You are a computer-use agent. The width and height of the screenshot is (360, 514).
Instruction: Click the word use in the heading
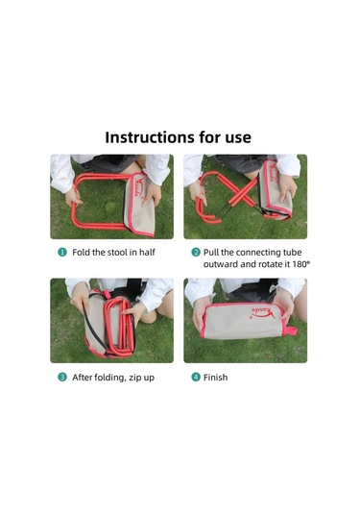click(x=238, y=138)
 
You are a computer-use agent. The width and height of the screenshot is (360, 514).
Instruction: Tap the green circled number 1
click(x=62, y=253)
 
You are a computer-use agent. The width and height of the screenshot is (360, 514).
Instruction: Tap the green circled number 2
click(x=196, y=253)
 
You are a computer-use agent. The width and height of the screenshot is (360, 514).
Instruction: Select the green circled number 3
click(x=62, y=378)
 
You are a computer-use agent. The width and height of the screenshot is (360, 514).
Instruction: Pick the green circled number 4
click(x=196, y=378)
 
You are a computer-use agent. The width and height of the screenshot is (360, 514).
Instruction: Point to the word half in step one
click(x=147, y=253)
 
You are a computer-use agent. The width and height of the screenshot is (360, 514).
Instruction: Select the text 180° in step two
click(x=300, y=264)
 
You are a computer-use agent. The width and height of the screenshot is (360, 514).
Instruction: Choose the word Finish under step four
click(x=216, y=378)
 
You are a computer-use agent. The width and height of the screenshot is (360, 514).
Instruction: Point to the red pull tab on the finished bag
click(x=290, y=330)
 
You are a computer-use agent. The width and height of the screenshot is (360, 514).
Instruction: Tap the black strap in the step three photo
click(x=94, y=325)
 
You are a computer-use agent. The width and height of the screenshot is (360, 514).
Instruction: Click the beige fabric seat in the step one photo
click(x=138, y=207)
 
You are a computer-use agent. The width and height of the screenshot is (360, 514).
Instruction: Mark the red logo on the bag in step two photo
click(x=274, y=175)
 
